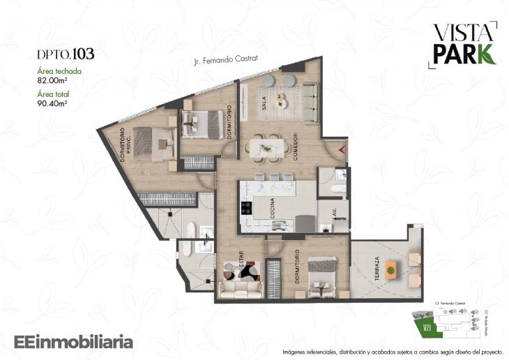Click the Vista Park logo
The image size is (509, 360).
point(464,43)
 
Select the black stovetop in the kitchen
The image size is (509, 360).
point(246,208)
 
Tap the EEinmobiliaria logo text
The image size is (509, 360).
point(73,342)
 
